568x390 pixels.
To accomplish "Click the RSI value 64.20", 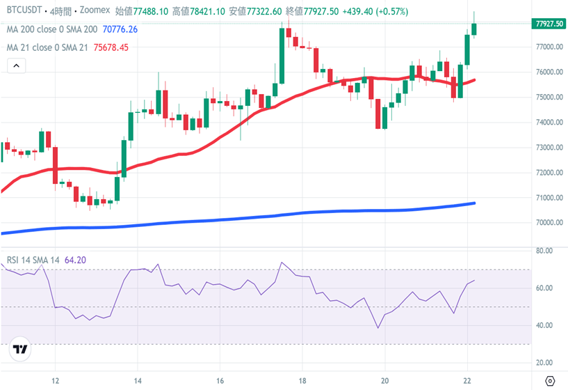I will coord(75,260).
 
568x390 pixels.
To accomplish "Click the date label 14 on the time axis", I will coord(138,380).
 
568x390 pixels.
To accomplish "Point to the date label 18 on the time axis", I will coord(302,380).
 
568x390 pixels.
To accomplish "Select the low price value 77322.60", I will coord(261,12).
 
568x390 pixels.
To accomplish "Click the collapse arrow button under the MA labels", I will coord(16,66).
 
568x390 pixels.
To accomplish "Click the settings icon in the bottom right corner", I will coord(551,380).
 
